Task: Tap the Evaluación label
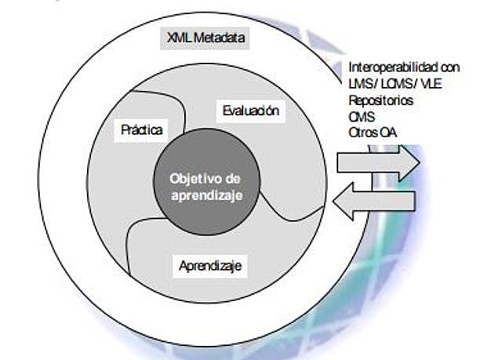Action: (250, 111)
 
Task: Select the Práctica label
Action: (142, 129)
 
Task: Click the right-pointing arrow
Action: (377, 162)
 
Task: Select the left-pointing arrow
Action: (373, 203)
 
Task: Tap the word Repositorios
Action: (381, 100)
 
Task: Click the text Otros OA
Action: (372, 133)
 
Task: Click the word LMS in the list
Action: (359, 84)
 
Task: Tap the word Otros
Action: (362, 133)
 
